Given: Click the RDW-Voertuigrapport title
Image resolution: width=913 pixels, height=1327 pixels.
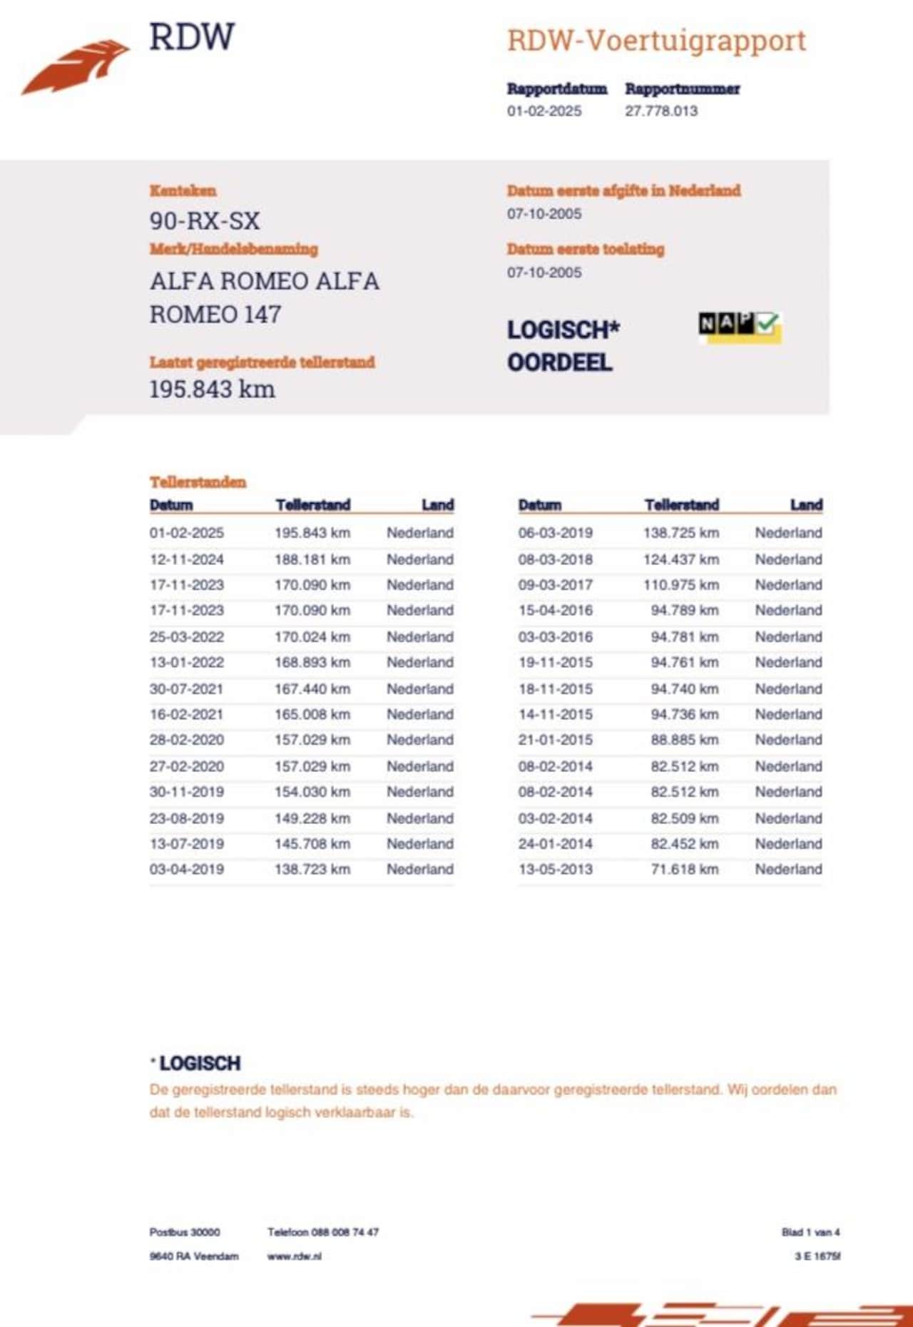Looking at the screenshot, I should [x=656, y=41].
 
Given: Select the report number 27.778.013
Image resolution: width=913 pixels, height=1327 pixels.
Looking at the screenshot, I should [x=661, y=111].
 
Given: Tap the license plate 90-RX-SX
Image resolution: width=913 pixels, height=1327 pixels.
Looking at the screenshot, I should [x=205, y=220].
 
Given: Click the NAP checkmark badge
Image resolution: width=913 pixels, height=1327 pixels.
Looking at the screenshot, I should [x=740, y=327].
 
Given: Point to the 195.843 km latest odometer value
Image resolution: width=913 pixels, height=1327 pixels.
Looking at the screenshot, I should [x=212, y=390].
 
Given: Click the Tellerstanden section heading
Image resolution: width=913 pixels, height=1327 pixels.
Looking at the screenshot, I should [x=198, y=482].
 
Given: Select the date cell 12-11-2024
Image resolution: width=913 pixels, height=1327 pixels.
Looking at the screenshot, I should [x=187, y=559].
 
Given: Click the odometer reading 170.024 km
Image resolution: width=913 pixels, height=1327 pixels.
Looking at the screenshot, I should [x=312, y=636].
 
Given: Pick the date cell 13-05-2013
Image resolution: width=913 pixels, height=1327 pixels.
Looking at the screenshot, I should [x=556, y=869].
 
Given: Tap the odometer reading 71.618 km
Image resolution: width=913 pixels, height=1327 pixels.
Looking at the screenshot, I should [x=684, y=869].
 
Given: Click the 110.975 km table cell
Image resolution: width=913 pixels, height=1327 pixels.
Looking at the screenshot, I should [x=681, y=584].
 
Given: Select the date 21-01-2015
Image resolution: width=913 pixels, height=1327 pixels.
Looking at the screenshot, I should [x=556, y=740].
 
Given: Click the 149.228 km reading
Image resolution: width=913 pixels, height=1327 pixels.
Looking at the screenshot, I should [x=312, y=818].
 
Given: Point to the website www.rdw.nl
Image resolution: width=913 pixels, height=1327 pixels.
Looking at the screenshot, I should [x=295, y=1256].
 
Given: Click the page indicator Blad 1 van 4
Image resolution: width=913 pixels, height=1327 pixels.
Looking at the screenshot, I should [x=810, y=1232].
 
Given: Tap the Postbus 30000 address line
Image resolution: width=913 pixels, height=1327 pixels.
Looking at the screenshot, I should [x=185, y=1232].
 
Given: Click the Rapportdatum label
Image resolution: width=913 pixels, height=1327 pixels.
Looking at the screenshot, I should [x=557, y=89].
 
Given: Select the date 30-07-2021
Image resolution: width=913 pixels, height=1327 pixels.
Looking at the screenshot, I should [x=187, y=688].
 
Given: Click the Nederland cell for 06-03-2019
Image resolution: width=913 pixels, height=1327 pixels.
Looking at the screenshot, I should [x=788, y=533].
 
